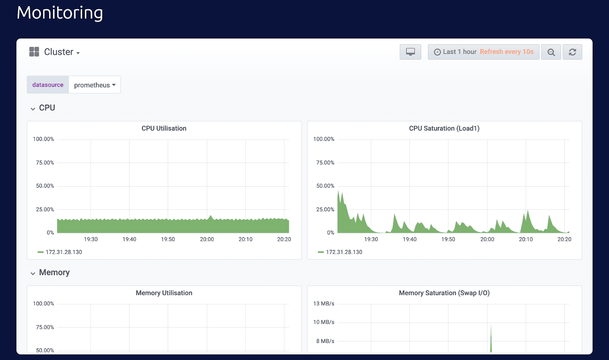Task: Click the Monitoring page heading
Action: pyautogui.click(x=60, y=13)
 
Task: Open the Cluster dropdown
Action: pyautogui.click(x=62, y=52)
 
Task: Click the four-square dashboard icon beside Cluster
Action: pyautogui.click(x=34, y=52)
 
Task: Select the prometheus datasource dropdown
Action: pyautogui.click(x=94, y=85)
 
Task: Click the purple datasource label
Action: pyautogui.click(x=48, y=85)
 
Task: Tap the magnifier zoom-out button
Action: pyautogui.click(x=551, y=52)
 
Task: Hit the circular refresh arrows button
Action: pyautogui.click(x=572, y=52)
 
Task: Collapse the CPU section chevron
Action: pyautogui.click(x=33, y=109)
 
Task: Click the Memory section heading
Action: pyautogui.click(x=54, y=272)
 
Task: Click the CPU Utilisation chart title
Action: pyautogui.click(x=164, y=129)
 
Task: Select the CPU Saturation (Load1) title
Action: pyautogui.click(x=444, y=129)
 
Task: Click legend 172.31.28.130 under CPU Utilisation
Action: pyautogui.click(x=64, y=252)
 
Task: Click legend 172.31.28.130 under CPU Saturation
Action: pyautogui.click(x=344, y=252)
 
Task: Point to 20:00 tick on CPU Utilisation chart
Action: pyautogui.click(x=207, y=239)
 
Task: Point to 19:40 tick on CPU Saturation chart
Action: pyautogui.click(x=410, y=239)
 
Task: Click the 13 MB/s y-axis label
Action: pyautogui.click(x=324, y=304)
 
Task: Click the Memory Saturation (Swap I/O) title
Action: pyautogui.click(x=444, y=293)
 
